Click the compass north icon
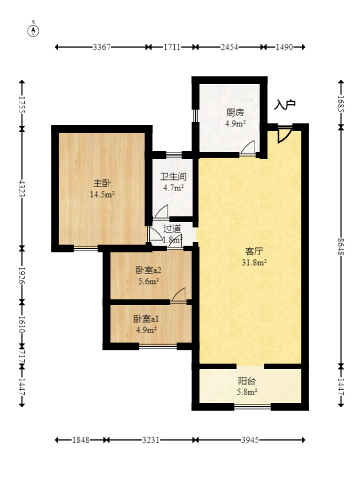click(x=33, y=30)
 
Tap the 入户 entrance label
click(x=285, y=105)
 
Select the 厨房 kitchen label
click(x=235, y=112)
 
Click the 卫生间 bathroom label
click(x=173, y=177)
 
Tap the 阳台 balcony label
click(x=247, y=381)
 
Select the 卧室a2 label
click(x=148, y=270)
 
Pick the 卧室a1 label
click(x=146, y=319)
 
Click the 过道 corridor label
click(x=172, y=229)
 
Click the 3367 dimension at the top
click(x=102, y=47)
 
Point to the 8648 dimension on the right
click(x=341, y=246)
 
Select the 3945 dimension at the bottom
click(x=250, y=440)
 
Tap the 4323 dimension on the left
click(x=22, y=188)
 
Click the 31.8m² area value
click(x=254, y=262)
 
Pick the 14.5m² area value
click(x=102, y=195)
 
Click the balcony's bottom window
click(x=252, y=406)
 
